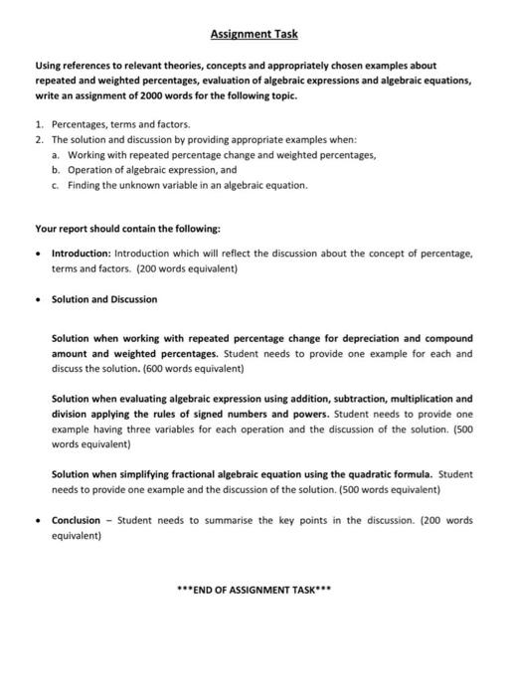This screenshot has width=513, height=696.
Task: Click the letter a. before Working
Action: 57,156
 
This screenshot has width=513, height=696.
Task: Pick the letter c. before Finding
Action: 57,185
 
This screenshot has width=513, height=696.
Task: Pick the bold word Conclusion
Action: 76,520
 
